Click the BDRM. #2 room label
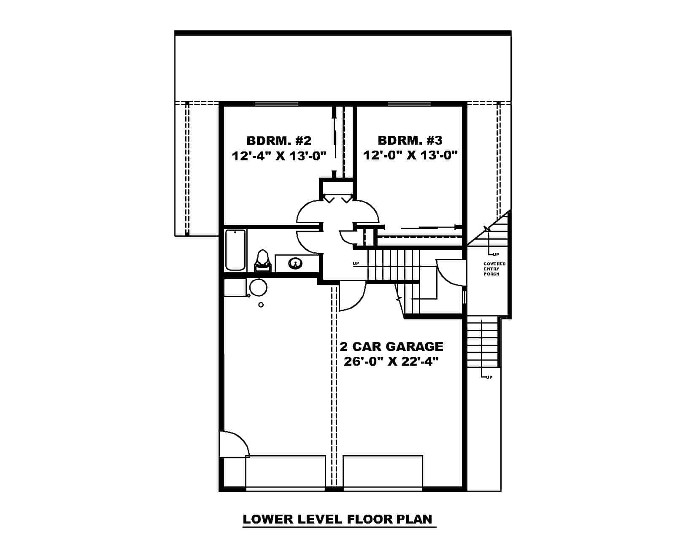[278, 140]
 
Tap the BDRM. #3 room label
[410, 140]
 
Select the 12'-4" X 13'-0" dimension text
[279, 156]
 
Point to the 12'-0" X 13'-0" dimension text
[410, 156]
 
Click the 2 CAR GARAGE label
[391, 347]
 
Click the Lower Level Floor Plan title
[337, 519]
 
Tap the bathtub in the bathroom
[235, 249]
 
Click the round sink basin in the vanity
[295, 264]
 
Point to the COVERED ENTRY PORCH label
[494, 269]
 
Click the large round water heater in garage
[258, 287]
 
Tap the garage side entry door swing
[233, 444]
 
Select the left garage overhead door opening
[286, 472]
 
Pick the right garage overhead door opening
[383, 472]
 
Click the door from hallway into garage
[351, 297]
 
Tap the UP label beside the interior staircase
[356, 264]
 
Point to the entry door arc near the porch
[450, 273]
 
